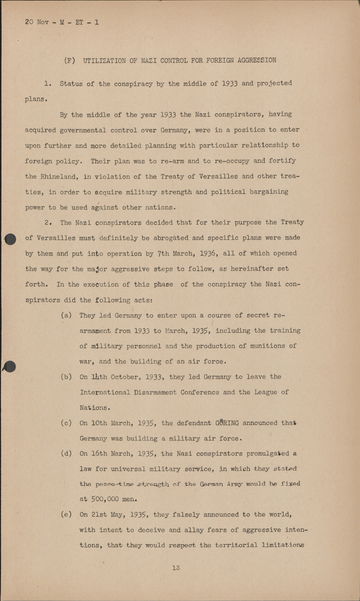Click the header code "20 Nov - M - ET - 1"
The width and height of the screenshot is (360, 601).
click(62, 22)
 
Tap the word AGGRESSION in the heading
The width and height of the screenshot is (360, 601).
click(257, 61)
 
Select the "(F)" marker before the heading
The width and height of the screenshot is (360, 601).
click(70, 61)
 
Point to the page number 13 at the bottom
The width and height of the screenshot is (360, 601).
click(176, 567)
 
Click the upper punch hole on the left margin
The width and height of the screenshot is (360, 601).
click(10, 239)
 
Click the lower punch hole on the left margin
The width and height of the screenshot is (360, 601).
click(10, 366)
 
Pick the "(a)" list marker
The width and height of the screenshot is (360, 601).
click(66, 316)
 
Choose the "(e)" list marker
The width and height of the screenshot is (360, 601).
click(66, 515)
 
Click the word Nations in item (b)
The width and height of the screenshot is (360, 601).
click(93, 408)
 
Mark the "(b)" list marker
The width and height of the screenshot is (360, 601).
click(66, 377)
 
